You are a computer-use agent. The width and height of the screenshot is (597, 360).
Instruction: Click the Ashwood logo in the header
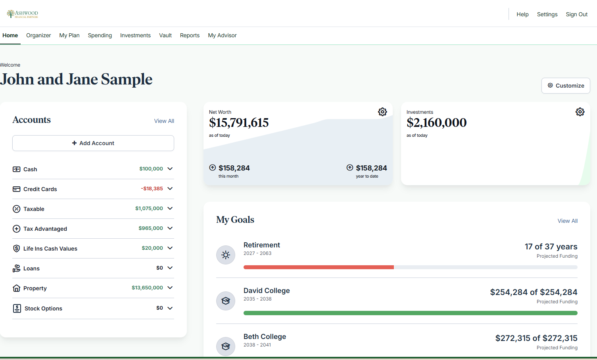(x=23, y=14)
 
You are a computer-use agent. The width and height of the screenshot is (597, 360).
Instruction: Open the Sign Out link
(x=576, y=14)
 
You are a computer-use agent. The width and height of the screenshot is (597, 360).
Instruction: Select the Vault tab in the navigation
(x=165, y=35)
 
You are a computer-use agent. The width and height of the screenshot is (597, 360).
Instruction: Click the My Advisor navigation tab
(x=222, y=35)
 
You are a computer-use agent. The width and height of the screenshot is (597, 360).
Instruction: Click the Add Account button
(x=93, y=143)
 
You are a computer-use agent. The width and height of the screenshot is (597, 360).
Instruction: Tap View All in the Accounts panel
(x=164, y=121)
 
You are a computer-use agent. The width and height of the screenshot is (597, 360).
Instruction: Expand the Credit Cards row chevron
(x=170, y=189)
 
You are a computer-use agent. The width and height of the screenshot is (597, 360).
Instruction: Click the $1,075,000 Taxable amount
(x=149, y=209)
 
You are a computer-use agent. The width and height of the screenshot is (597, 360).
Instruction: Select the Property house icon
(x=16, y=288)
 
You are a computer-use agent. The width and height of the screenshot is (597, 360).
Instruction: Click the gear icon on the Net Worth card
(x=382, y=112)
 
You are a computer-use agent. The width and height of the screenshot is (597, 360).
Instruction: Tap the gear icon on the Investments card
(x=580, y=112)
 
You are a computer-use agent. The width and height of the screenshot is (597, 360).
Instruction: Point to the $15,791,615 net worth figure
(x=239, y=123)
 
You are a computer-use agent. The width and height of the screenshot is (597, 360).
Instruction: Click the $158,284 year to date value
(x=371, y=168)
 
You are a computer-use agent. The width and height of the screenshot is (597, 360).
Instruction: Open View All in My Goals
(x=567, y=221)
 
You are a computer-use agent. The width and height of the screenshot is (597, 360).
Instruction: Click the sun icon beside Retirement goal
(x=226, y=255)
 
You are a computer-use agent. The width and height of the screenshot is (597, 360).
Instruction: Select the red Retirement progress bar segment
(x=319, y=267)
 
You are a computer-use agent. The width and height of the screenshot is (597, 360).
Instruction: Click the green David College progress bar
(x=410, y=313)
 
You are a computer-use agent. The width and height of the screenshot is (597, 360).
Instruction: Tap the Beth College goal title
(x=265, y=337)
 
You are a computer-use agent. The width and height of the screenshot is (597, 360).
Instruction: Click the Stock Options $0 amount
(x=159, y=308)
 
